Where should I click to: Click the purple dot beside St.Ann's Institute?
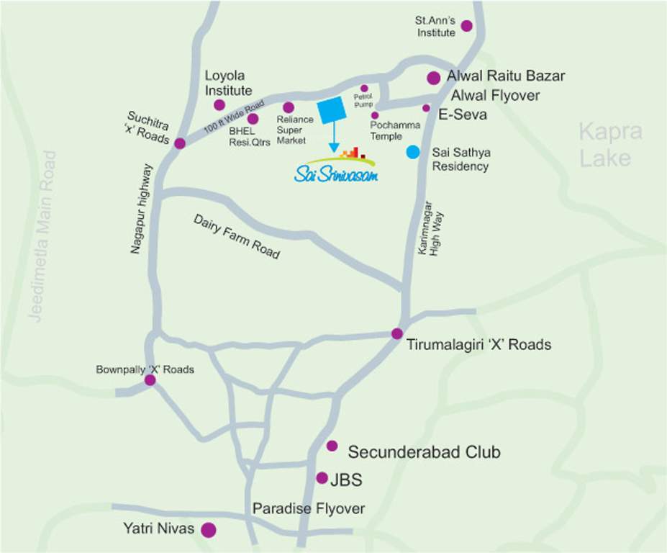pyautogui.click(x=466, y=26)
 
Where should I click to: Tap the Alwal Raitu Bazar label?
pyautogui.click(x=506, y=76)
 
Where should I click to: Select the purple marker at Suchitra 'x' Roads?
pyautogui.click(x=180, y=143)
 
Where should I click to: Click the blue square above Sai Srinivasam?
pyautogui.click(x=332, y=110)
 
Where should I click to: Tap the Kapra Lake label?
pyautogui.click(x=610, y=145)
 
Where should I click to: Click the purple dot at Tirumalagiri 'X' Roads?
pyautogui.click(x=396, y=333)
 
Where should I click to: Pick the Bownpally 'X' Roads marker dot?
pyautogui.click(x=150, y=379)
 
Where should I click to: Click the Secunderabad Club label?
pyautogui.click(x=424, y=452)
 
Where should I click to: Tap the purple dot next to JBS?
pyautogui.click(x=322, y=478)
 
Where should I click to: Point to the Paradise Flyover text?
pyautogui.click(x=308, y=508)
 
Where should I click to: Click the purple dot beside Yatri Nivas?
pyautogui.click(x=209, y=531)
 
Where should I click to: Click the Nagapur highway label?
pyautogui.click(x=142, y=210)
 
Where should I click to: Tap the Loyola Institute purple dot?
pyautogui.click(x=219, y=105)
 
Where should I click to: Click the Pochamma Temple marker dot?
pyautogui.click(x=375, y=115)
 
